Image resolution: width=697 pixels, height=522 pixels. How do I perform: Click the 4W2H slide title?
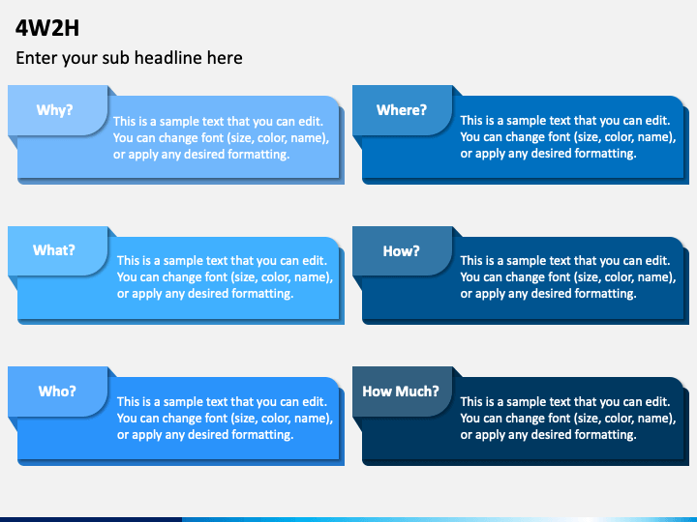47,27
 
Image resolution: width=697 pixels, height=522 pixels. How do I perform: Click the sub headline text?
129,58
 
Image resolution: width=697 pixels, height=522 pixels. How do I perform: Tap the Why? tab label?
55,110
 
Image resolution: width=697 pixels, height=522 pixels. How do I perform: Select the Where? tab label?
402,110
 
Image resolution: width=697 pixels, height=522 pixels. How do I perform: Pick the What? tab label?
54,250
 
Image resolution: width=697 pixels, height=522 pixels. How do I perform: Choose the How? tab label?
402,251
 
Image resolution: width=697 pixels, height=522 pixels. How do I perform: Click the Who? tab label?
57,391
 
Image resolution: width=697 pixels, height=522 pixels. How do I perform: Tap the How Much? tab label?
401,391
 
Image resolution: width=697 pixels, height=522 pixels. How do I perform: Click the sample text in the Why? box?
221,137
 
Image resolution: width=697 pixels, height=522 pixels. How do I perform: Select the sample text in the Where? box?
567,137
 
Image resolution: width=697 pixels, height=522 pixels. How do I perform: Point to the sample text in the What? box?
225,276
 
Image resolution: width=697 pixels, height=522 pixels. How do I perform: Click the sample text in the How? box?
567,276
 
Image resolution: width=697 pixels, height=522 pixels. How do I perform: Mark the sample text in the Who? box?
225,418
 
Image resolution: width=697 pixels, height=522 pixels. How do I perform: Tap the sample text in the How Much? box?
567,418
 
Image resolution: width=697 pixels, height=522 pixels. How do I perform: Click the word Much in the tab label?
419,391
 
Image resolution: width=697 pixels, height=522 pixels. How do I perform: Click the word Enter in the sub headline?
36,58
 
